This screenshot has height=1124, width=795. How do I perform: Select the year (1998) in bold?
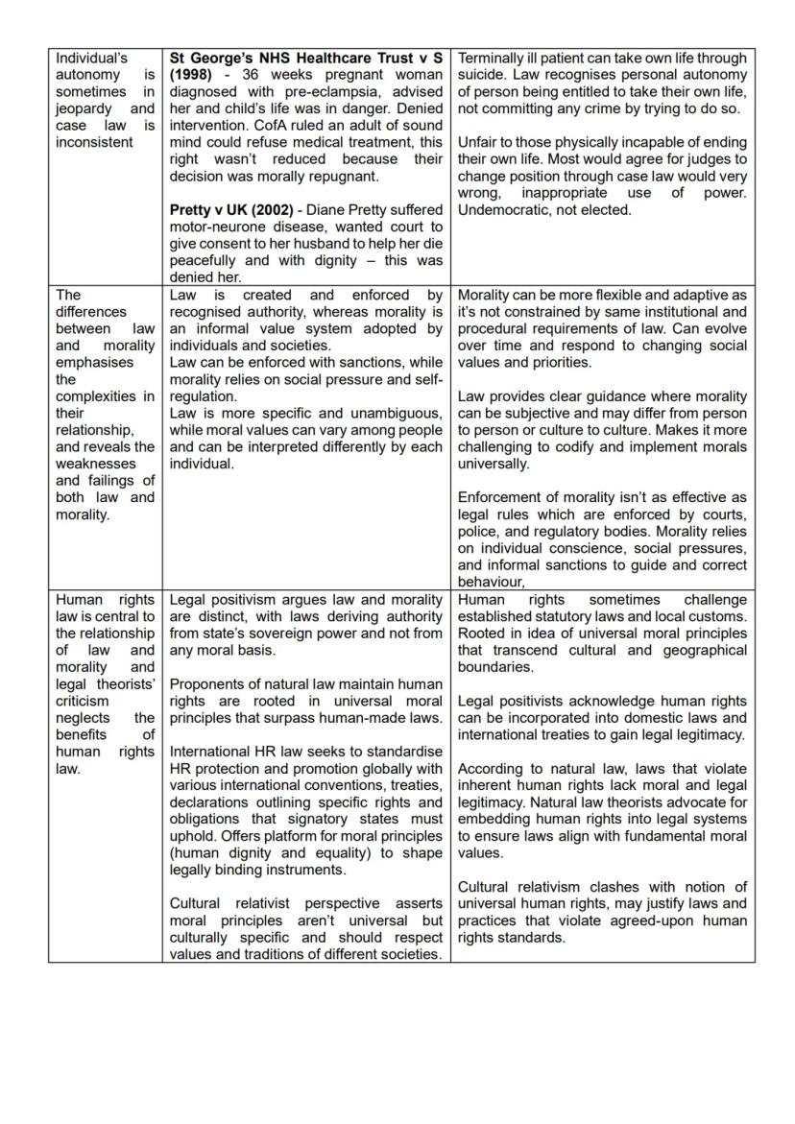[x=190, y=75]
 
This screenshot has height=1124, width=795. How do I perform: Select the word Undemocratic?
[x=501, y=209]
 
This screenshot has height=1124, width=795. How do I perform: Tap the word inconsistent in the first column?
[x=94, y=142]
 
